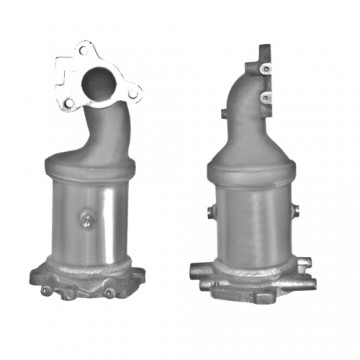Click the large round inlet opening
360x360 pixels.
tap(98, 79)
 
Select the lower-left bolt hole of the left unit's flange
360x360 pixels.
tap(68, 103)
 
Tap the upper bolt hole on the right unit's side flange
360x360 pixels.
tap(267, 68)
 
